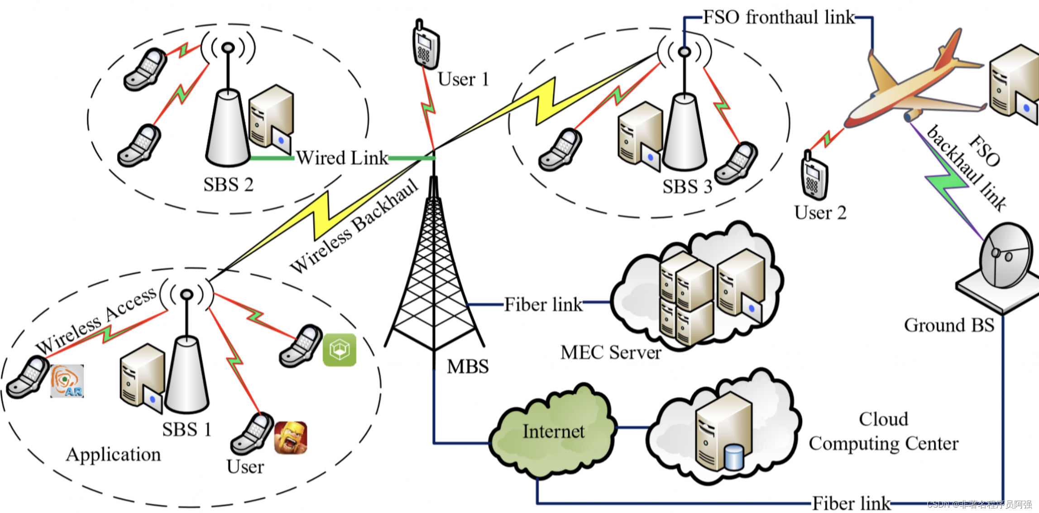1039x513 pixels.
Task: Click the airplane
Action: click(x=915, y=84)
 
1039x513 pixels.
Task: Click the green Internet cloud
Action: click(x=553, y=432)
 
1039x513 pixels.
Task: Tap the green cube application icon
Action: click(x=340, y=350)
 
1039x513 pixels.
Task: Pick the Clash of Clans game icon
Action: click(x=291, y=437)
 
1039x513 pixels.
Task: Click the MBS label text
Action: click(x=468, y=366)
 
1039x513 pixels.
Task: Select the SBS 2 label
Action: click(x=228, y=185)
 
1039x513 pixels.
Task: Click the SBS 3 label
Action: click(x=687, y=187)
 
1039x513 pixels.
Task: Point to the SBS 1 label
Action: click(x=187, y=429)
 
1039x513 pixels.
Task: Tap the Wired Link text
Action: click(x=342, y=158)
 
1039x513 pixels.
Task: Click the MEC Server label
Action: click(x=611, y=352)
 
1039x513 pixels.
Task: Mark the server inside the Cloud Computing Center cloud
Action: click(x=723, y=433)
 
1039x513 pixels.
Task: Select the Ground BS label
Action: click(x=949, y=325)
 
